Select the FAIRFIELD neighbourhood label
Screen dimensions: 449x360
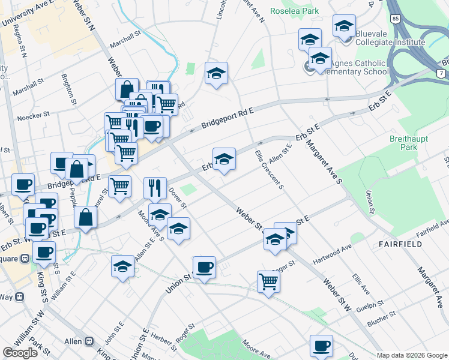[x=400, y=244]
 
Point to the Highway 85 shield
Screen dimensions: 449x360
[x=394, y=19]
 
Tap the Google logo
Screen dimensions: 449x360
[x=20, y=353]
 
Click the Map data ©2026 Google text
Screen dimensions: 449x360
[x=411, y=355]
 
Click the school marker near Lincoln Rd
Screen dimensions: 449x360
[x=216, y=74]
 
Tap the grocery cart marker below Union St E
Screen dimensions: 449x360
[x=268, y=281]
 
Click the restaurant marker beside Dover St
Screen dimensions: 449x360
[x=155, y=188]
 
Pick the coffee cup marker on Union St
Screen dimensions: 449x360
[x=204, y=266]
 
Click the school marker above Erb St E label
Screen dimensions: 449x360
[x=224, y=159]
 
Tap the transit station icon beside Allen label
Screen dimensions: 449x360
[x=89, y=341]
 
